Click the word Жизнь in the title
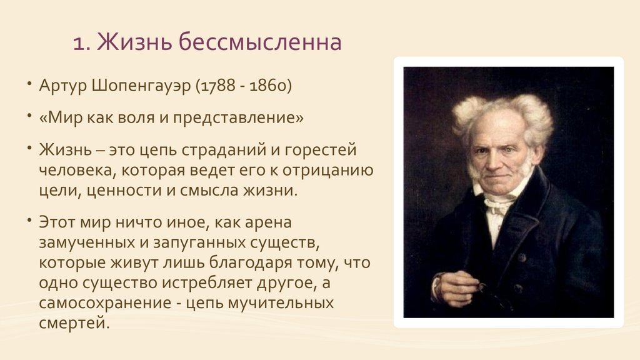click(134, 42)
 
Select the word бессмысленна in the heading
click(260, 42)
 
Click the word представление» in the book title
click(238, 118)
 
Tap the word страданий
click(224, 151)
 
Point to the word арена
click(268, 223)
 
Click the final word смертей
click(75, 324)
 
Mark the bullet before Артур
click(29, 84)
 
